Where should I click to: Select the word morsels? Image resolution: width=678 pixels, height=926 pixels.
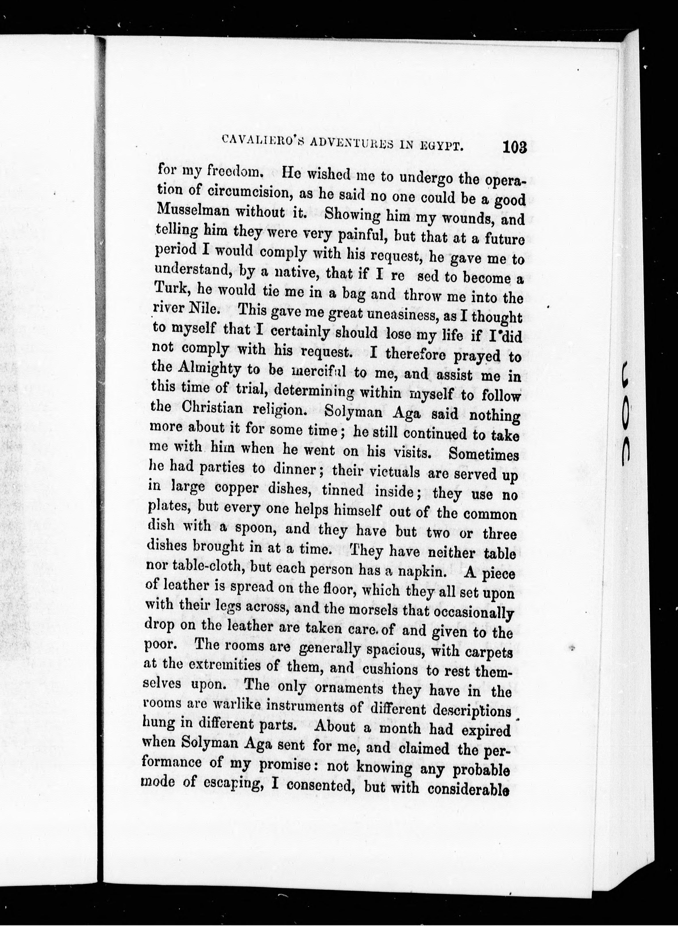(x=373, y=610)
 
